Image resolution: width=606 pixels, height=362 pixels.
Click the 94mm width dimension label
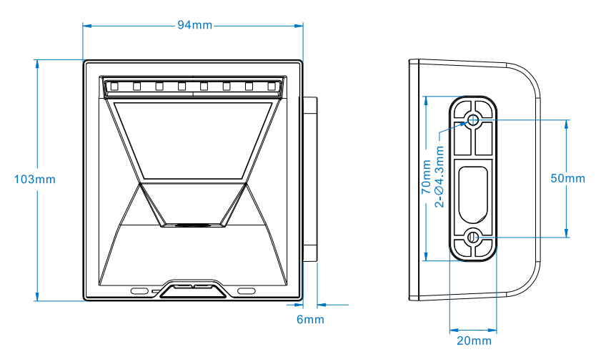(x=195, y=25)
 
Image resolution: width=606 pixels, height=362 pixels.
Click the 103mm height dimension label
(x=35, y=180)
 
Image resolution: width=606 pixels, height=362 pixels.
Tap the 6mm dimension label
(x=310, y=320)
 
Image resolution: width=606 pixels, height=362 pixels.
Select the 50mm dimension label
(x=567, y=178)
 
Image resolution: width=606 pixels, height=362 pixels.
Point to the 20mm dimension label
(x=475, y=341)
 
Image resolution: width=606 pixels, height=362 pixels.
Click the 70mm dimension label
(x=426, y=177)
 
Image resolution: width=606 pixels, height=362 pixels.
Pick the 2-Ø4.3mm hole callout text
(x=439, y=177)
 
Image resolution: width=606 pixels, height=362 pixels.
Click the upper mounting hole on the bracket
(x=473, y=119)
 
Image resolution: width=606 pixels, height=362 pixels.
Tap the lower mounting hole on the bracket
(x=473, y=237)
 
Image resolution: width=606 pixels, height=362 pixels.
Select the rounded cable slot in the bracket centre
(x=473, y=195)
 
